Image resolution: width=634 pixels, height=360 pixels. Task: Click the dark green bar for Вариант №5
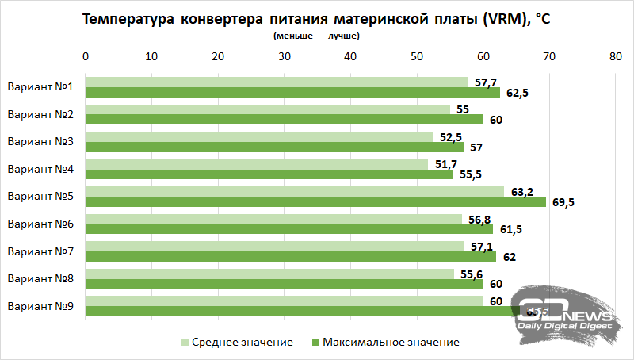pyautogui.click(x=315, y=201)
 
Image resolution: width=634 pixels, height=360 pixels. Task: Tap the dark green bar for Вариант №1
pyautogui.click(x=292, y=92)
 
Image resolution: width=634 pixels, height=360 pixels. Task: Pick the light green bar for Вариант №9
pyautogui.click(x=284, y=301)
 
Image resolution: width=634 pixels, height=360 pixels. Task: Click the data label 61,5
pyautogui.click(x=508, y=230)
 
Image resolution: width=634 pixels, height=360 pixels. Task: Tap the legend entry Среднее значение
pyautogui.click(x=237, y=342)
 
